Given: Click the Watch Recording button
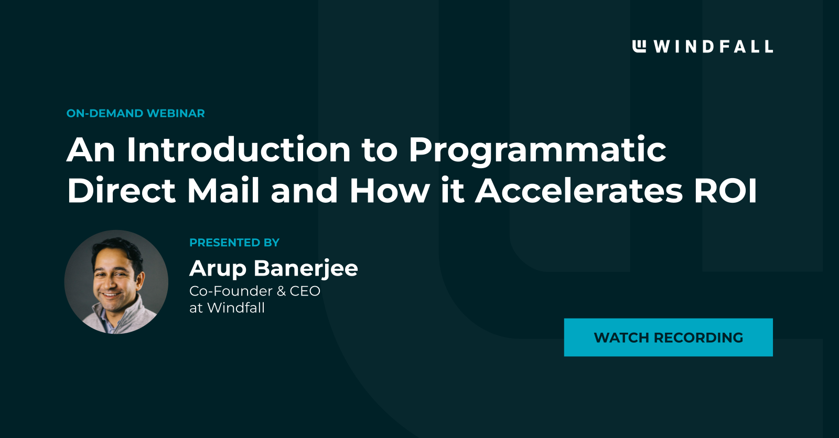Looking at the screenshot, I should (668, 337).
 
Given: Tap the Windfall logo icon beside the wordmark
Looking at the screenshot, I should (639, 46).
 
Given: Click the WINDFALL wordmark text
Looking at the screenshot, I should (713, 47).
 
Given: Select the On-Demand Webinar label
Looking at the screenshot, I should (135, 114).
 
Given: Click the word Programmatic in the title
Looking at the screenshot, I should (537, 151).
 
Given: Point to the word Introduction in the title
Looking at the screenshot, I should (239, 150).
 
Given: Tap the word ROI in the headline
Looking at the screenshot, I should (726, 191).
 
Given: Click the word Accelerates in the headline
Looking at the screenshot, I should (579, 191).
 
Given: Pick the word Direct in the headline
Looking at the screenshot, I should (121, 191).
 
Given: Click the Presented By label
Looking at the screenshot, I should (234, 243).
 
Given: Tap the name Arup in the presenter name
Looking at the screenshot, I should (218, 269).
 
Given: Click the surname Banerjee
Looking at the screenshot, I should (306, 269).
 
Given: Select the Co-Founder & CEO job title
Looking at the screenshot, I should (254, 291).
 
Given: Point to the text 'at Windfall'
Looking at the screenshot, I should (227, 308).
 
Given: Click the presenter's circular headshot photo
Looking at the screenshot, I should (116, 282).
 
